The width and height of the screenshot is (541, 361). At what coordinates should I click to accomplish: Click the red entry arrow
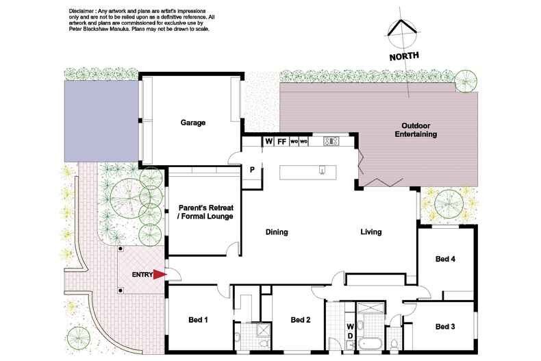[159, 275]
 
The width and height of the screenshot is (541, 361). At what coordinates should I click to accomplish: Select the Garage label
[193, 123]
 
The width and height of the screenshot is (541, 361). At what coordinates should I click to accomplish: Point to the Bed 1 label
[198, 319]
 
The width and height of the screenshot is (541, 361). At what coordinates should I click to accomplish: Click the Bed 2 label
[301, 319]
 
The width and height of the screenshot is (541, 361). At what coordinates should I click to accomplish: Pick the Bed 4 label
[446, 259]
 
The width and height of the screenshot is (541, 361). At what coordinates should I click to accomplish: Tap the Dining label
[277, 232]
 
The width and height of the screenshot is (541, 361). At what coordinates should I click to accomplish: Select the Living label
[371, 232]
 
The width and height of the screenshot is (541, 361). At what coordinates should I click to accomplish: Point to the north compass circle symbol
[402, 32]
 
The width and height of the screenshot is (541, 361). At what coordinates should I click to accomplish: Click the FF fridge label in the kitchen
[281, 142]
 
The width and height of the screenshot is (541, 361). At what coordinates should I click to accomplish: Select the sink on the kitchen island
[321, 171]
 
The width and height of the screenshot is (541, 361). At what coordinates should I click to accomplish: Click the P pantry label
[252, 170]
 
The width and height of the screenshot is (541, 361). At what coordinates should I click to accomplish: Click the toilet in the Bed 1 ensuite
[237, 335]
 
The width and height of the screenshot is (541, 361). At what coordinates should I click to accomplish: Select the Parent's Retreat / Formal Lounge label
[205, 211]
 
